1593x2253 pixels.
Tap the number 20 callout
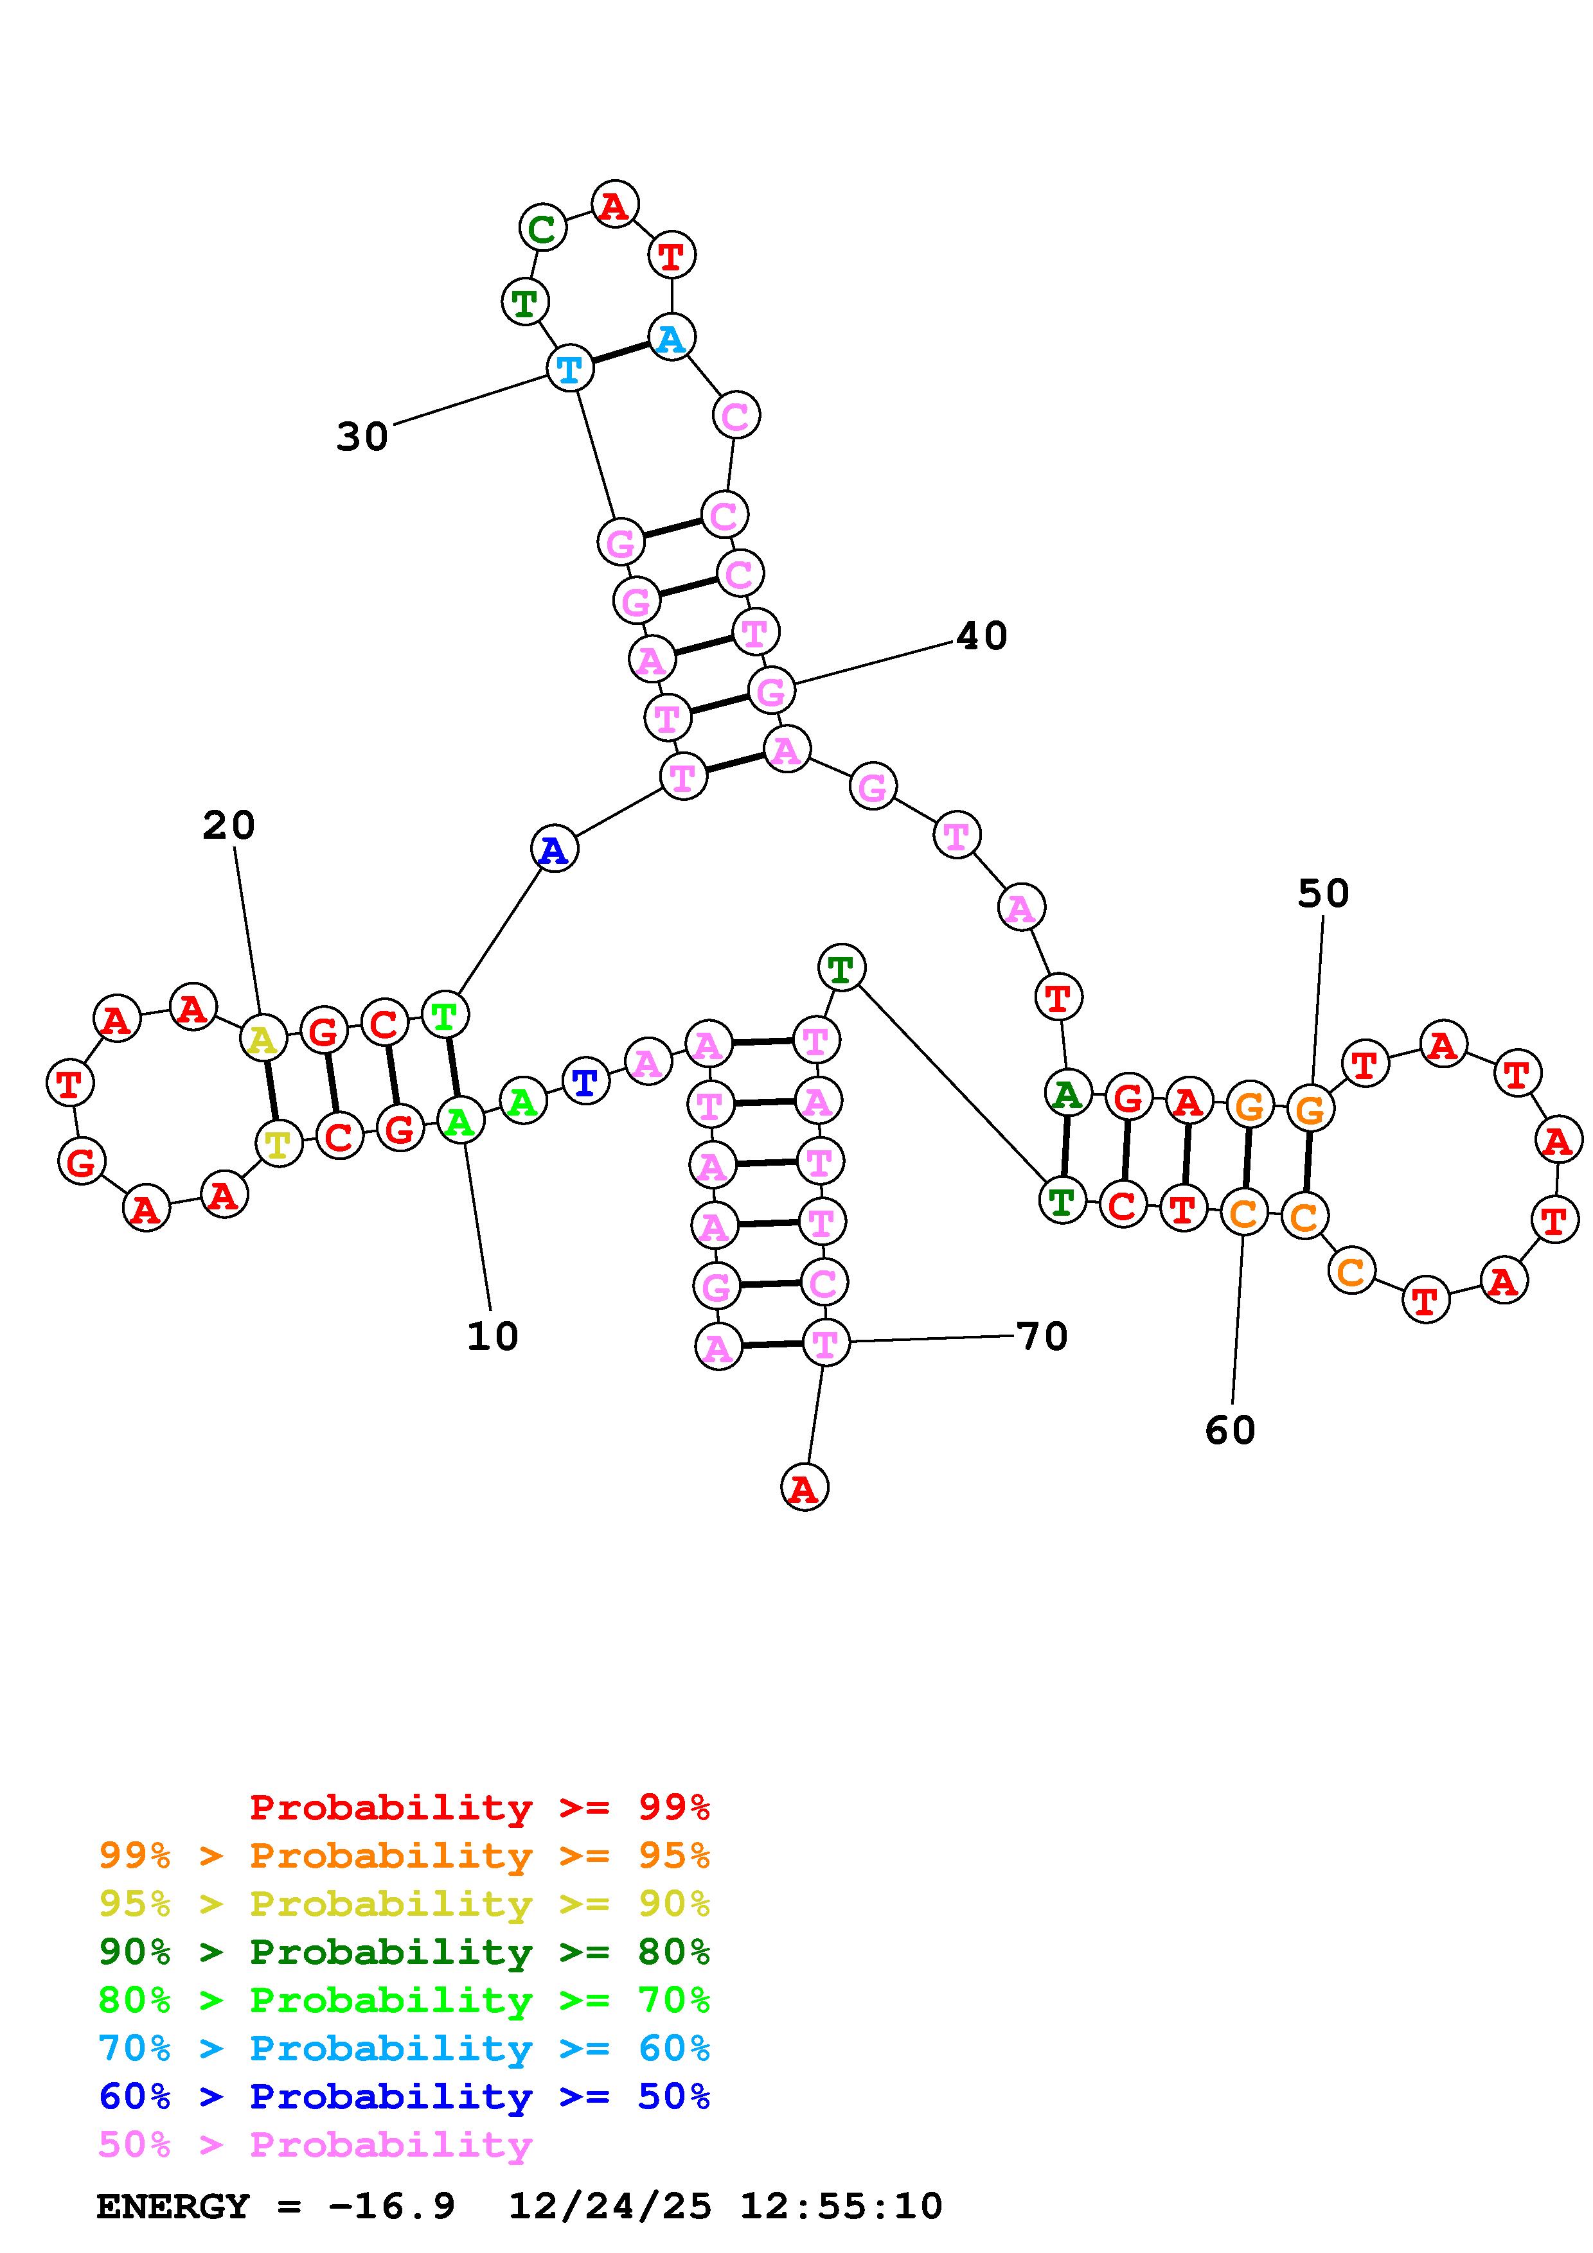pos(229,825)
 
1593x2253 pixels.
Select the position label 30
pos(362,437)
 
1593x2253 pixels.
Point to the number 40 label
pos(981,636)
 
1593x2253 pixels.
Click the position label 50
pos(1323,893)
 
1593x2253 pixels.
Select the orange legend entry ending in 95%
pos(404,1855)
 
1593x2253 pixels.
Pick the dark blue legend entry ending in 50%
pos(404,2096)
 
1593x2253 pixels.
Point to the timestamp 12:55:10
pos(841,2206)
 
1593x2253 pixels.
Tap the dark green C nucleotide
pos(542,229)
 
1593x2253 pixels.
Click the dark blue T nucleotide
pos(585,1082)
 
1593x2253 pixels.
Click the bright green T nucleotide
pos(445,1015)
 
